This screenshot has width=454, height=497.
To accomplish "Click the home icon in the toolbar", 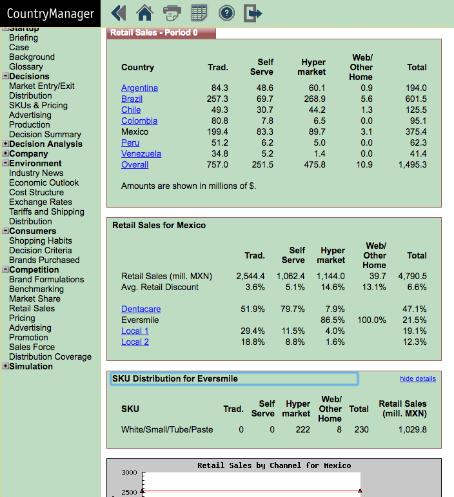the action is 144,13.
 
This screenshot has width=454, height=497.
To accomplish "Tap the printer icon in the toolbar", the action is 172,13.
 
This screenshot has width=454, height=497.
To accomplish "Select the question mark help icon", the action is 227,14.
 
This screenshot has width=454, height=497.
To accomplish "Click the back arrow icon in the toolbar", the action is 119,13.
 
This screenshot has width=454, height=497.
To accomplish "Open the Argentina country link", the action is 139,88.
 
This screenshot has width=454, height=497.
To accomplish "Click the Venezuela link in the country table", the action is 141,153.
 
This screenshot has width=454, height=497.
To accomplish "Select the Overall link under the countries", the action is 135,165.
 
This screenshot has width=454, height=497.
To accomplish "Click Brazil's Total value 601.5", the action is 416,99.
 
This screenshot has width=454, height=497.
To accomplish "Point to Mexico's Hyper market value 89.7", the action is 317,132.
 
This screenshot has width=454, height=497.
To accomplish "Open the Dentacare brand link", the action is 141,309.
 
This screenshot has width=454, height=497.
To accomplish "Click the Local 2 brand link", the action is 135,342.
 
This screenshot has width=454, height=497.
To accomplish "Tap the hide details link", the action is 417,378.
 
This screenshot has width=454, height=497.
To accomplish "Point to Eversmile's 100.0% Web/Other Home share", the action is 371,320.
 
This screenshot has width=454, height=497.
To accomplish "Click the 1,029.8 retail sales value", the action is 413,430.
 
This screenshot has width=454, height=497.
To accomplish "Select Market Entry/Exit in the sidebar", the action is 42,86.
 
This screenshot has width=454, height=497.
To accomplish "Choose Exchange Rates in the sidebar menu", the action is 41,202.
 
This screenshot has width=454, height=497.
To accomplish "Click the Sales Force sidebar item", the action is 32,347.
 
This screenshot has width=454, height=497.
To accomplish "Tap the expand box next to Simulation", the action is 5,365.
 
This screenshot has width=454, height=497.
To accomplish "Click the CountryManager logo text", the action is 50,14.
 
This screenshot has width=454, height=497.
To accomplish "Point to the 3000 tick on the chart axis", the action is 129,473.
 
